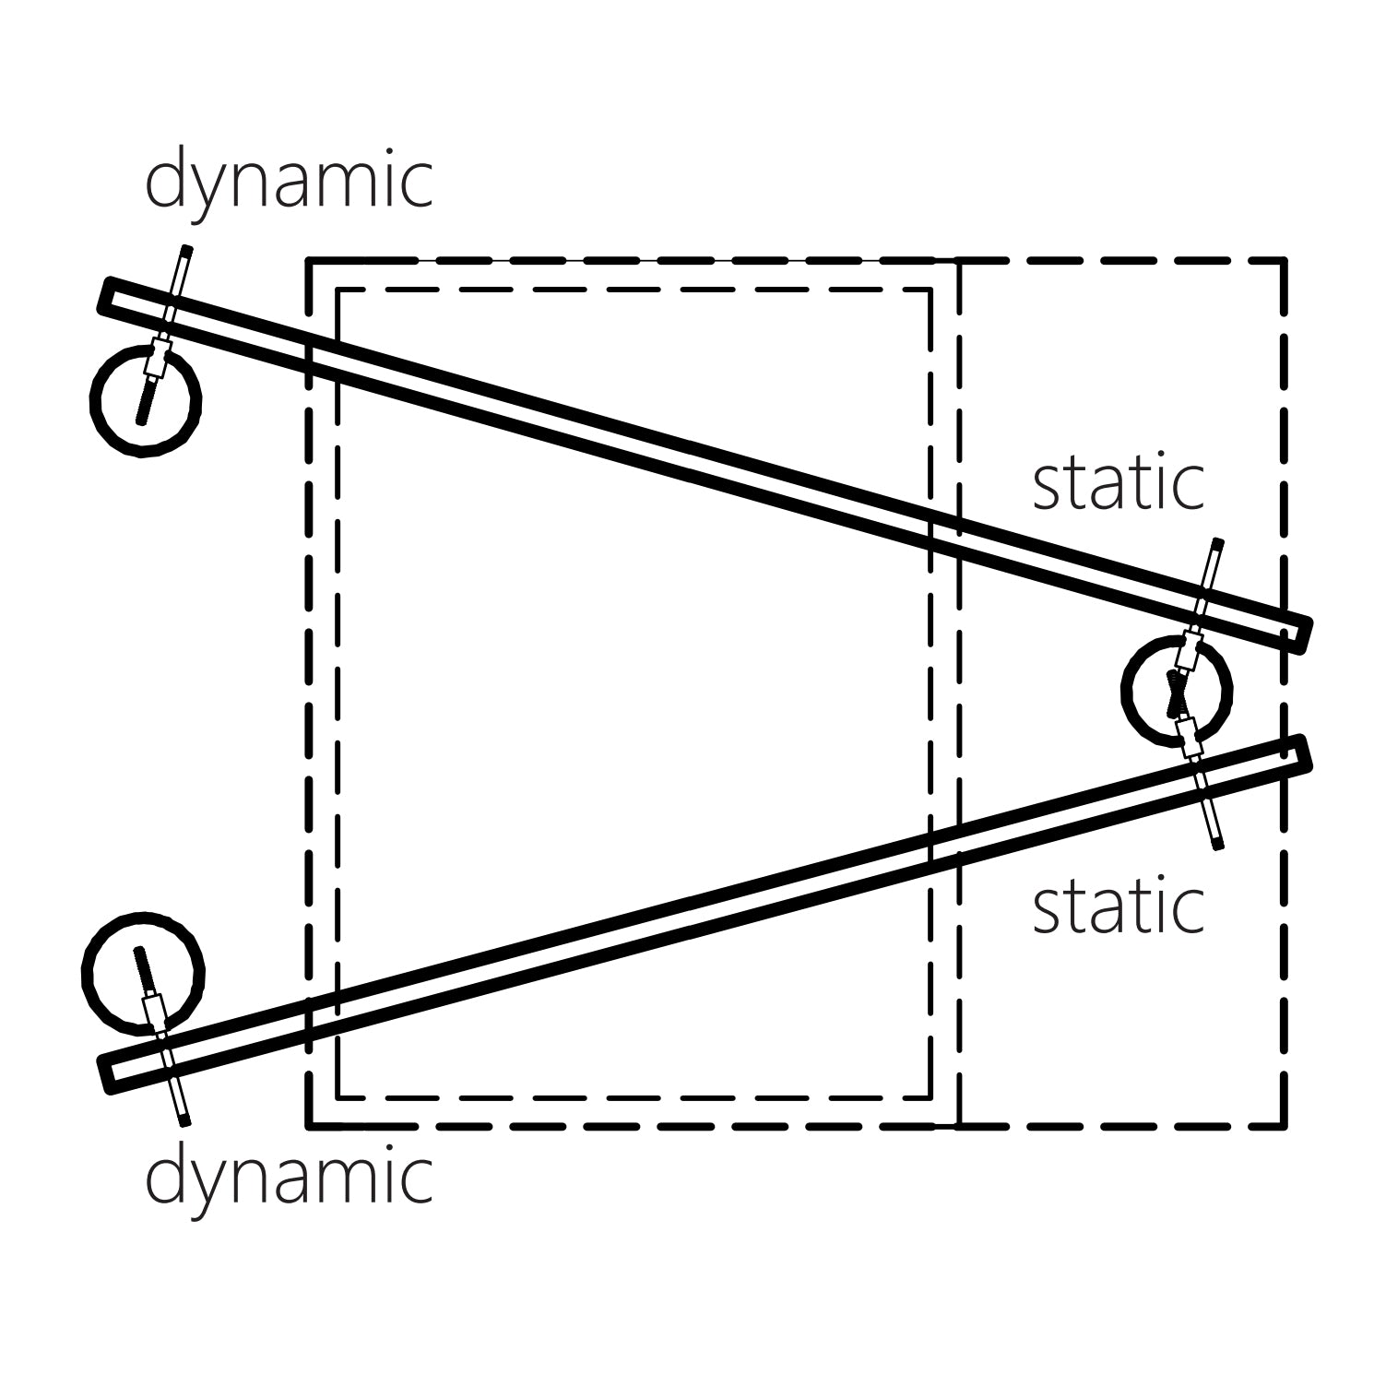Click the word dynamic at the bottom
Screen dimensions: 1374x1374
coord(289,1178)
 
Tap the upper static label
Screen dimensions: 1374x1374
coord(1118,483)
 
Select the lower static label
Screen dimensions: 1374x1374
coord(1118,906)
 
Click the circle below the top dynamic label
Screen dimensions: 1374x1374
coord(146,399)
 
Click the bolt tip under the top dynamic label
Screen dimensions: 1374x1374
coord(186,250)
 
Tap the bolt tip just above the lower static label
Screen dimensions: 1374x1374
coord(1217,843)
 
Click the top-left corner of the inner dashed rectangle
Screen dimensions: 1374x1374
coord(339,290)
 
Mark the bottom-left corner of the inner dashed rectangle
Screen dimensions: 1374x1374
coord(339,1097)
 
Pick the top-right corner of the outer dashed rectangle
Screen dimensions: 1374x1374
coord(1284,262)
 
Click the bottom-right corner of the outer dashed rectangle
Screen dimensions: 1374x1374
coord(1284,1126)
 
